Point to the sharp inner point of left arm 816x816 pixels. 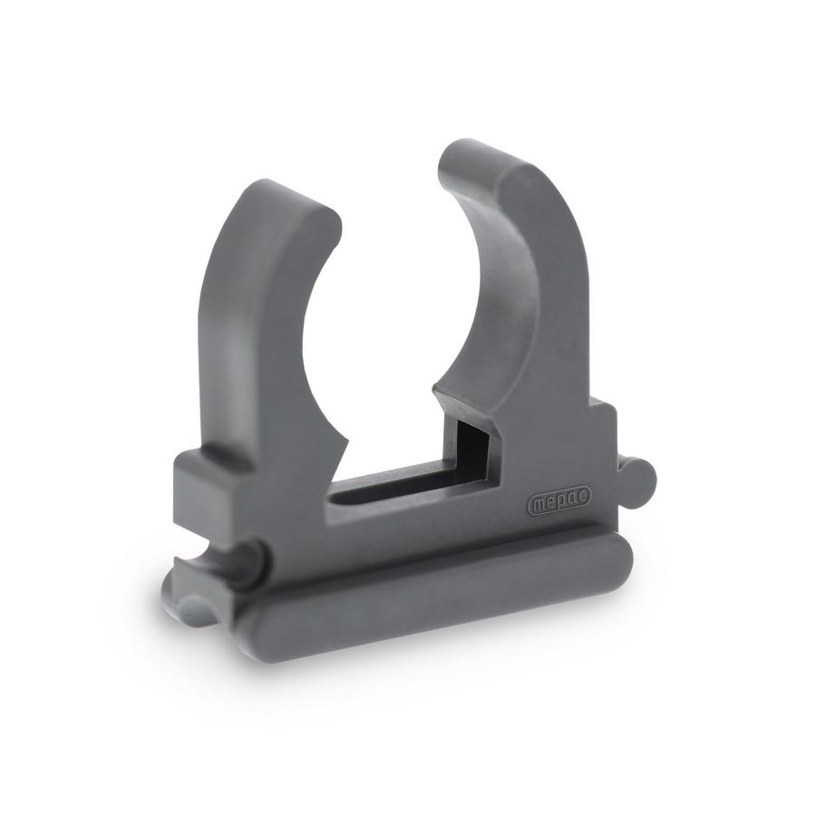tap(345, 436)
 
